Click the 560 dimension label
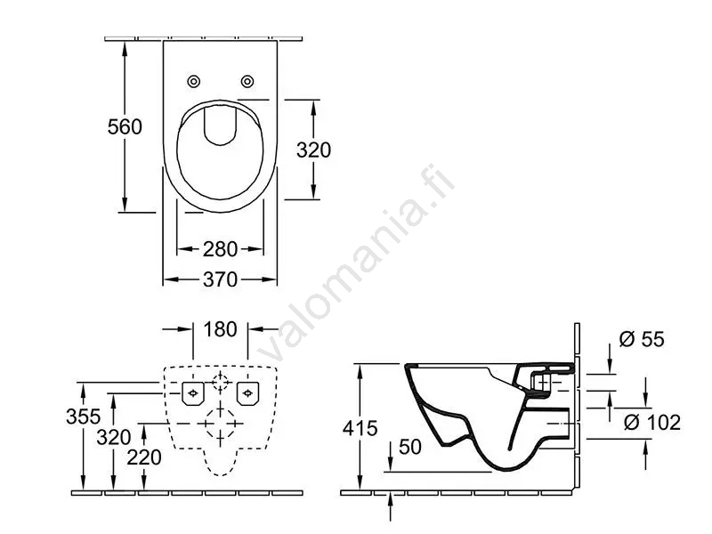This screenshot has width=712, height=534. (x=125, y=126)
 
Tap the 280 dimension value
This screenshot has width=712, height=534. (x=220, y=249)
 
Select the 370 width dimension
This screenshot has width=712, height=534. (x=220, y=279)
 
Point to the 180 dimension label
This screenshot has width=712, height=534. (x=220, y=329)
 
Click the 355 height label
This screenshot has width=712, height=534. (x=83, y=417)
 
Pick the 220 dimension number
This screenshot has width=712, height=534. (x=144, y=457)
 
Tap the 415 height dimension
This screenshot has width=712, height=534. (x=360, y=428)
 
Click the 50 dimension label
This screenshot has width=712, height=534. (x=410, y=448)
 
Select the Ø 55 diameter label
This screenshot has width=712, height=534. (x=642, y=339)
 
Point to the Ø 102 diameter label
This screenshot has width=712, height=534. (x=652, y=423)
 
